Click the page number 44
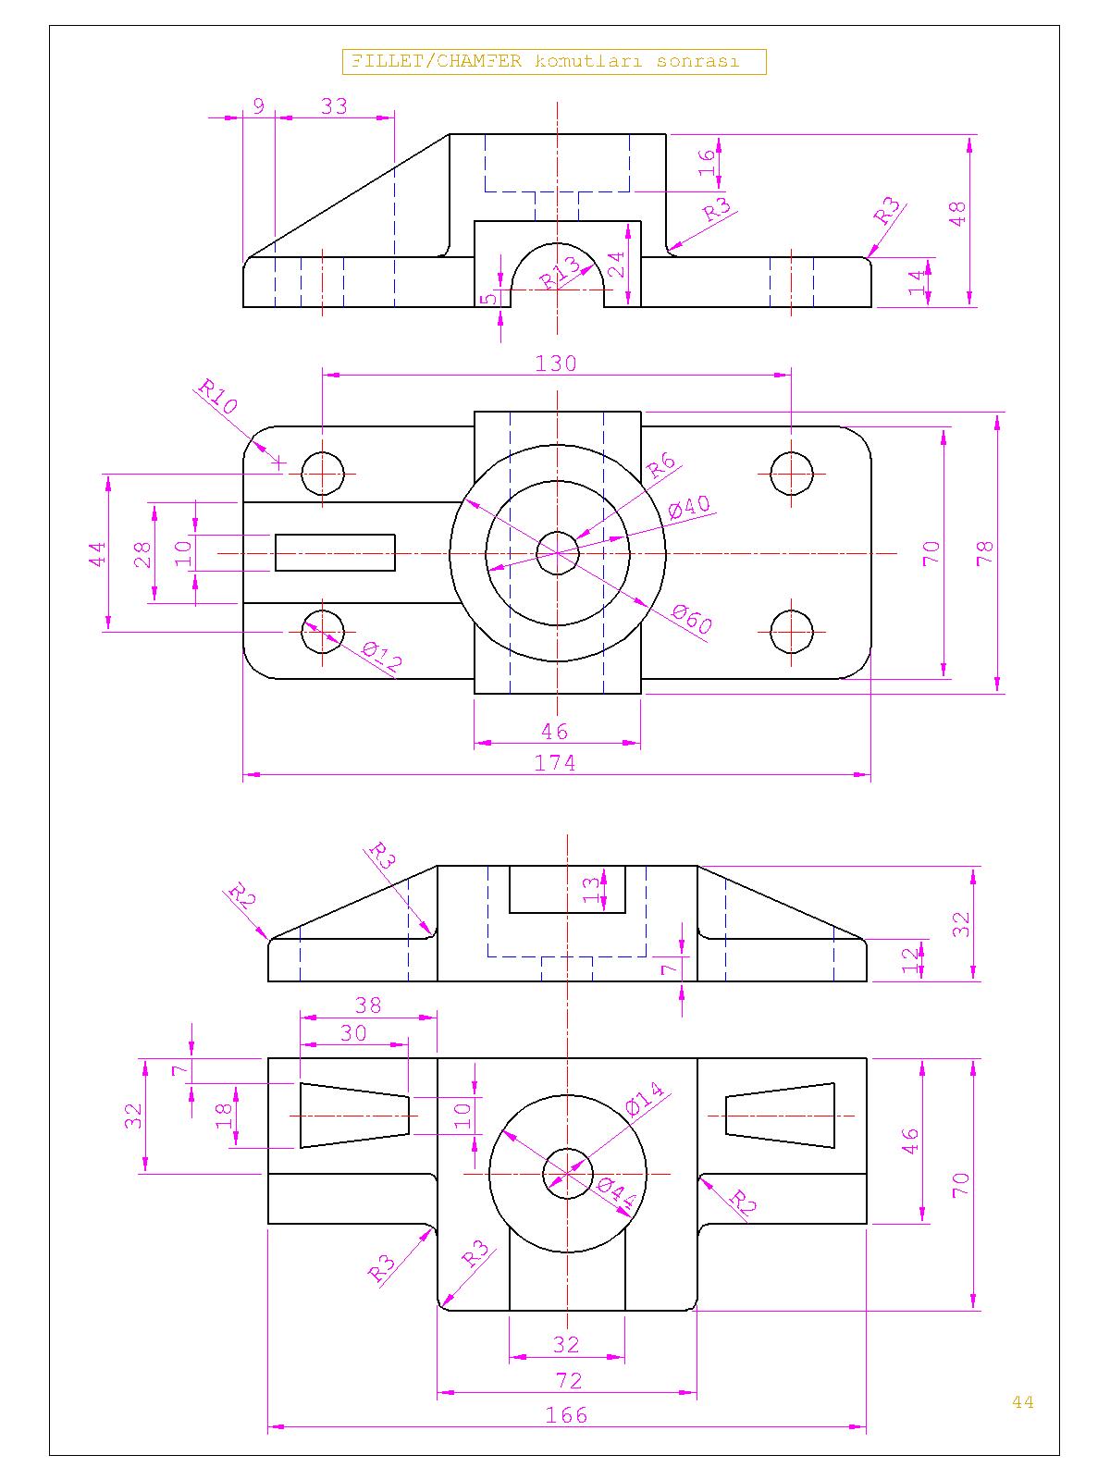[x=1022, y=1401]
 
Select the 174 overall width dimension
[x=555, y=763]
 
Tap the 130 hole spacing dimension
[x=556, y=364]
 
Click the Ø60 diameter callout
[x=692, y=619]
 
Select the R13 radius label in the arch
[x=561, y=272]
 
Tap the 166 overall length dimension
[x=566, y=1415]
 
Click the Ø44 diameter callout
[x=616, y=1194]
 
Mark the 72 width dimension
[x=569, y=1381]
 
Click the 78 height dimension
[x=986, y=552]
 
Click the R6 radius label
[x=660, y=466]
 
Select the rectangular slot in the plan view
[x=335, y=552]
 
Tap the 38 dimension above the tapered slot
[x=368, y=1005]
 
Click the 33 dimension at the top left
[x=334, y=106]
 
